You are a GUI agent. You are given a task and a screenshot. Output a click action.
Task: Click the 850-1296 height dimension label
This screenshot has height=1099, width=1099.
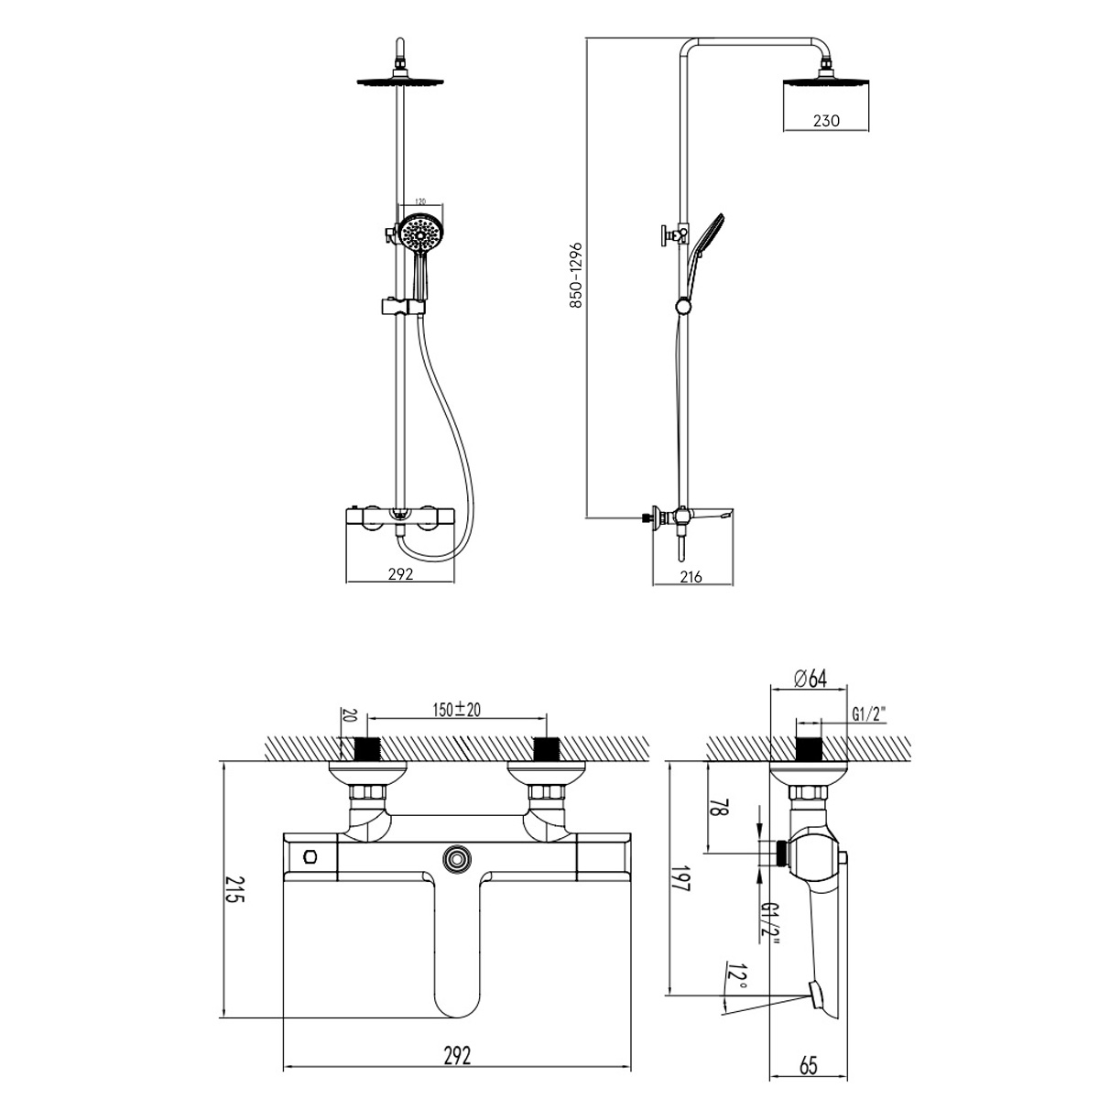pos(575,275)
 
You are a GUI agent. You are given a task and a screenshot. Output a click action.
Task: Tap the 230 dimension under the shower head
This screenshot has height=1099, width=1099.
pos(824,120)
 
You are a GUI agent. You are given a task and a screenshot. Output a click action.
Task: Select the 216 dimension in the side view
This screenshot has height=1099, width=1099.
pos(691,576)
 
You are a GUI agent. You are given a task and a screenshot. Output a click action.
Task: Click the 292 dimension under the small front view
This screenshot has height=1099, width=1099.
pos(400,575)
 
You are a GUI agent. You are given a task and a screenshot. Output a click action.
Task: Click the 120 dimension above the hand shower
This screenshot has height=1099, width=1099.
pos(421,200)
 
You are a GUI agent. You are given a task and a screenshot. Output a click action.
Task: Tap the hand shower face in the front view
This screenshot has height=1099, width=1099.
pos(421,235)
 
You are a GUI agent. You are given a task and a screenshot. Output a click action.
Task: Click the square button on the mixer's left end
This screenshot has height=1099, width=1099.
pos(310,856)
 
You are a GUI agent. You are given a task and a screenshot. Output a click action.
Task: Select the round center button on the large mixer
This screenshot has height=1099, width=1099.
pos(455,858)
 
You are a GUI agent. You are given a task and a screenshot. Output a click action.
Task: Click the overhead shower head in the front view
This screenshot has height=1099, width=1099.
pos(399,82)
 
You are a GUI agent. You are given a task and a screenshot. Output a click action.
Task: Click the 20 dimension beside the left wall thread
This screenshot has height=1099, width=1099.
pos(346,714)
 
